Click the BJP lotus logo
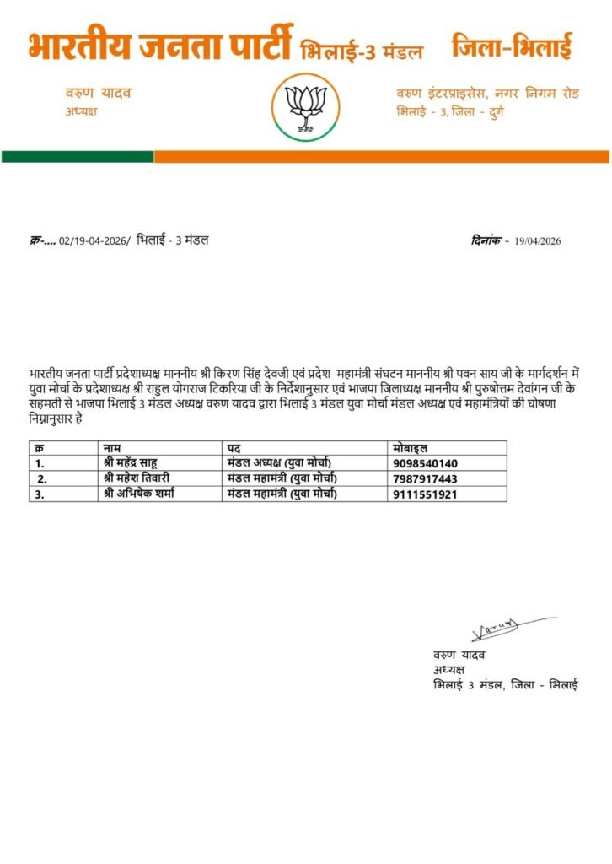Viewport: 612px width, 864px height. click(306, 105)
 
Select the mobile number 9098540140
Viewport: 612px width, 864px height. click(425, 463)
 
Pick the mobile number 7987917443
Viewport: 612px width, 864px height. click(425, 478)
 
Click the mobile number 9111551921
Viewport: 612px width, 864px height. click(425, 494)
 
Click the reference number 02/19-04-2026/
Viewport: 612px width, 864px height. click(94, 241)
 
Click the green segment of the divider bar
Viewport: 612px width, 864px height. click(78, 157)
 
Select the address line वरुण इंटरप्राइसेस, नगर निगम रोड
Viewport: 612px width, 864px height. click(488, 93)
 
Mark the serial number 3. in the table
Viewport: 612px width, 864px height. click(40, 494)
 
